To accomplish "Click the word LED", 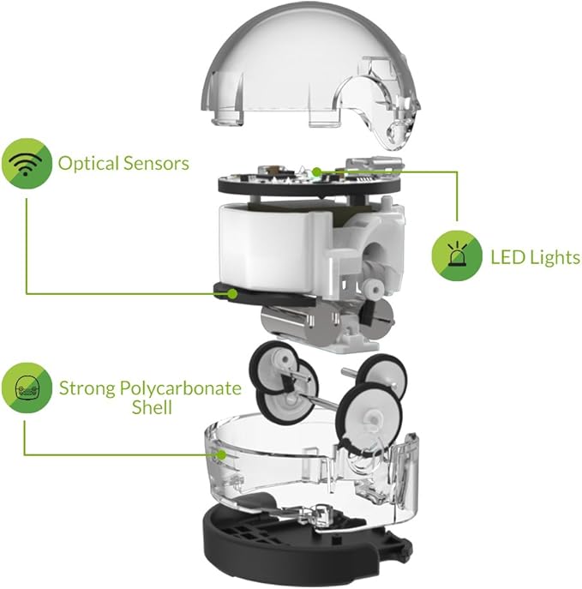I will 508,256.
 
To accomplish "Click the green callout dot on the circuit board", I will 316,172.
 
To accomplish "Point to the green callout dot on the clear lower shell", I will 221,455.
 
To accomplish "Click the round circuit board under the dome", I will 283,176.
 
